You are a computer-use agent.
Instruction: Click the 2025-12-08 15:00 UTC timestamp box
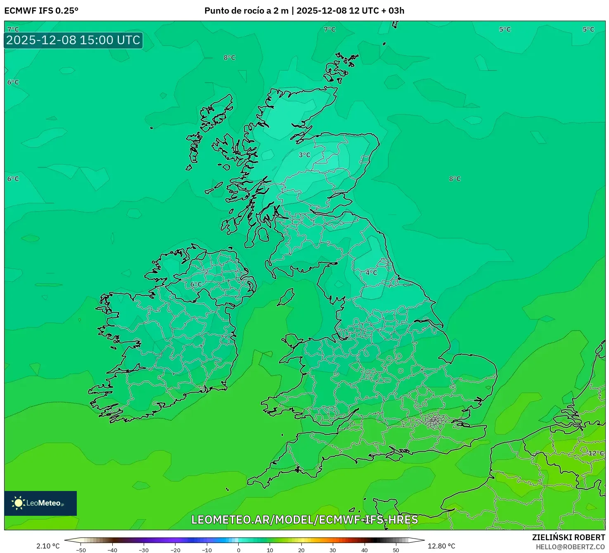point(73,41)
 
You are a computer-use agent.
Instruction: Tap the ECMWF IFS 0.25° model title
point(41,11)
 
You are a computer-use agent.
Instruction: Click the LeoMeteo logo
point(40,503)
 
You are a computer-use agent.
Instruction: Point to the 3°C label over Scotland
point(304,155)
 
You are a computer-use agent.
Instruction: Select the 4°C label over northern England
point(371,273)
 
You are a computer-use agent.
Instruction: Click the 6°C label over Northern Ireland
point(196,284)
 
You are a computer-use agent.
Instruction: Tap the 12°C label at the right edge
point(596,453)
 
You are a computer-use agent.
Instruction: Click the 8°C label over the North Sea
point(455,179)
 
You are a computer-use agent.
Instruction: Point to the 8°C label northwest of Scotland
point(230,58)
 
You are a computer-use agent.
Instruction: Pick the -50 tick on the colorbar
point(81,550)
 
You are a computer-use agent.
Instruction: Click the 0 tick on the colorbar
point(239,550)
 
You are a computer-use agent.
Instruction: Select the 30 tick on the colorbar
point(333,550)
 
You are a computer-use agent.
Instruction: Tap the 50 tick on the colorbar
point(396,550)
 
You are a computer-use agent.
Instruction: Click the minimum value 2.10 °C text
point(48,546)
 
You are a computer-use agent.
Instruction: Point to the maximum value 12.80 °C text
point(441,546)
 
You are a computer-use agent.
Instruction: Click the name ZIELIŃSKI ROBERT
point(568,537)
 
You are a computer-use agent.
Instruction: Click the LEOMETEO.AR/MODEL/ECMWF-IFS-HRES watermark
point(305,520)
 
